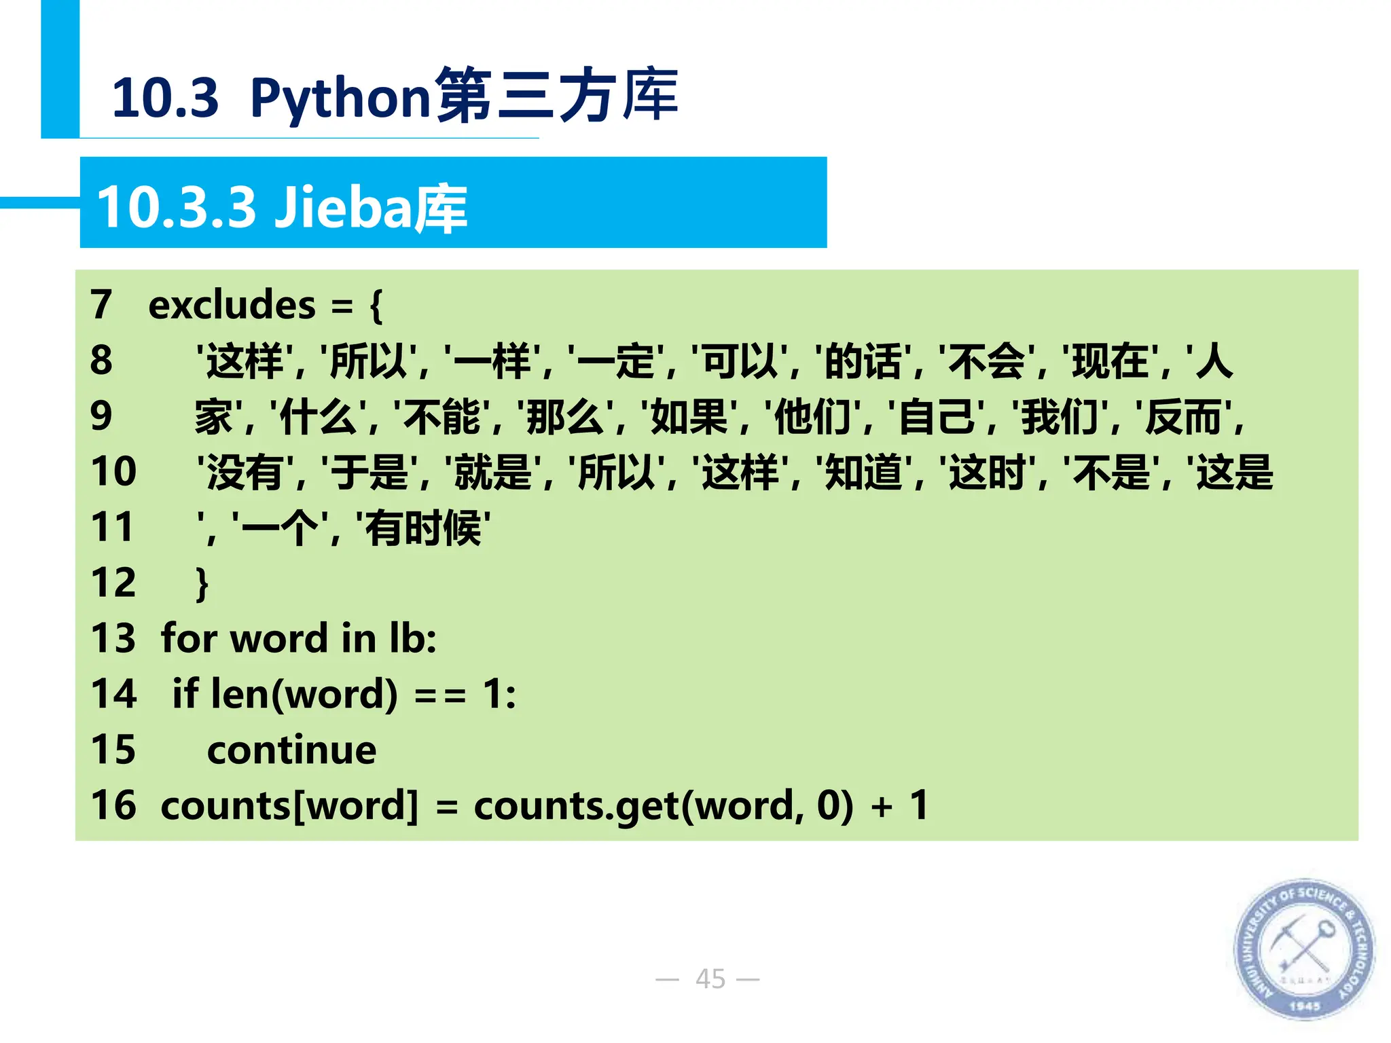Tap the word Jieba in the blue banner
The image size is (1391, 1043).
coord(342,207)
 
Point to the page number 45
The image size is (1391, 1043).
coord(710,978)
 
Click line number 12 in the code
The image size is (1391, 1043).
coord(113,583)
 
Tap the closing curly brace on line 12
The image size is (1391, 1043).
coord(202,584)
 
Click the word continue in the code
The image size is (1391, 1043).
coord(291,750)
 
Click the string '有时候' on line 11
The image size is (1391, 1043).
coord(423,528)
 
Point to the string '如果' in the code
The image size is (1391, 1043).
coord(689,416)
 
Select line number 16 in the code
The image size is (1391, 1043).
coord(113,805)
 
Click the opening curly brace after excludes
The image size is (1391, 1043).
coord(376,306)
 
